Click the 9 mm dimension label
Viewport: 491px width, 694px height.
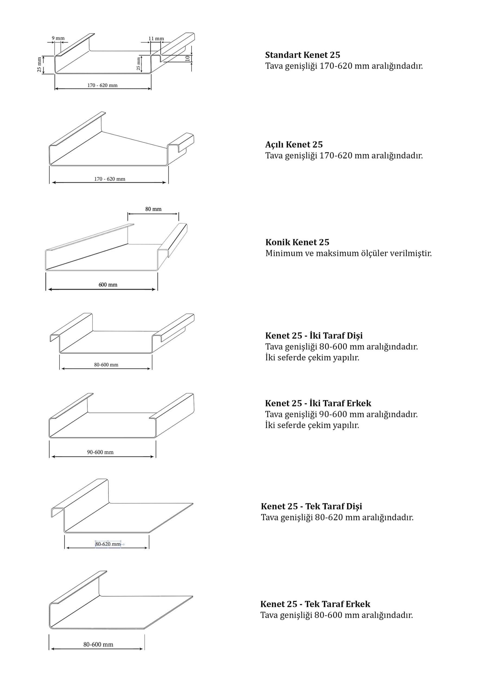click(58, 38)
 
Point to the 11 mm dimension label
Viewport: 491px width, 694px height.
click(156, 39)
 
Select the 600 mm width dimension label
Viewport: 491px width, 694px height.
click(108, 285)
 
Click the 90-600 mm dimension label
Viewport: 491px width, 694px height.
click(100, 452)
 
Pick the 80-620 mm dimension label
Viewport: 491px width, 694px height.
click(108, 544)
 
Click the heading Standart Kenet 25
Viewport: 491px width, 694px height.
click(302, 55)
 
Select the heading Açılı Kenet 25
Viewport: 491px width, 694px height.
click(294, 144)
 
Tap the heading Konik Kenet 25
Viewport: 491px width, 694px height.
click(297, 242)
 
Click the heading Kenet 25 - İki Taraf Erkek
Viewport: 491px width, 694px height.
click(318, 403)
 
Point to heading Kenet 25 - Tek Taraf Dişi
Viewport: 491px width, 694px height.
click(311, 506)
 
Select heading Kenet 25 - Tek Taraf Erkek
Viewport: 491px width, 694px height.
click(315, 604)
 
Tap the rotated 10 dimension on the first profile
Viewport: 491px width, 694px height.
click(187, 58)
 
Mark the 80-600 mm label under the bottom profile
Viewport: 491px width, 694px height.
click(98, 644)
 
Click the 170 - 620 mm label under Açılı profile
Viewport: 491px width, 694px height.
click(110, 179)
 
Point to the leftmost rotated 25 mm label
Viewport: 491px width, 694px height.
click(39, 65)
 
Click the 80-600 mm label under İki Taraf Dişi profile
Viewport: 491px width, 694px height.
click(106, 365)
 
